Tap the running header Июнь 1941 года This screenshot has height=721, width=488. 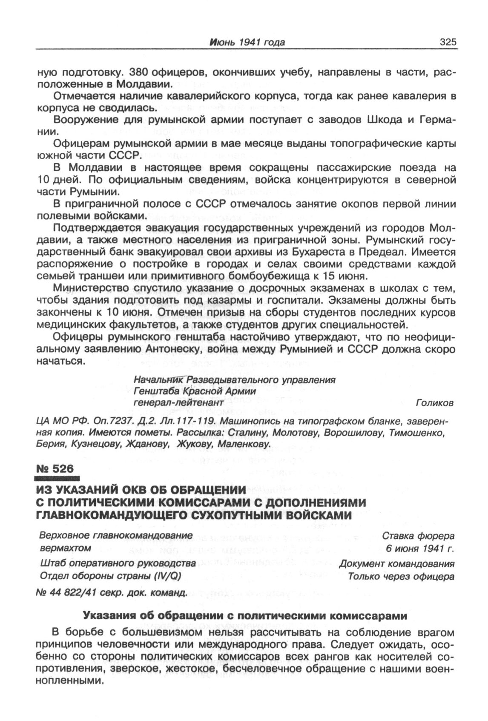(x=247, y=42)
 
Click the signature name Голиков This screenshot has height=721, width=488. (x=433, y=403)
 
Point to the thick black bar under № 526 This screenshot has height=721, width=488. (x=56, y=479)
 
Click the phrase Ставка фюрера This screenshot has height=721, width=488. (x=418, y=536)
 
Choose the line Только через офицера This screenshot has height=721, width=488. (x=401, y=577)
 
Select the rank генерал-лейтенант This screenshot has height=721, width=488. (x=178, y=403)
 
